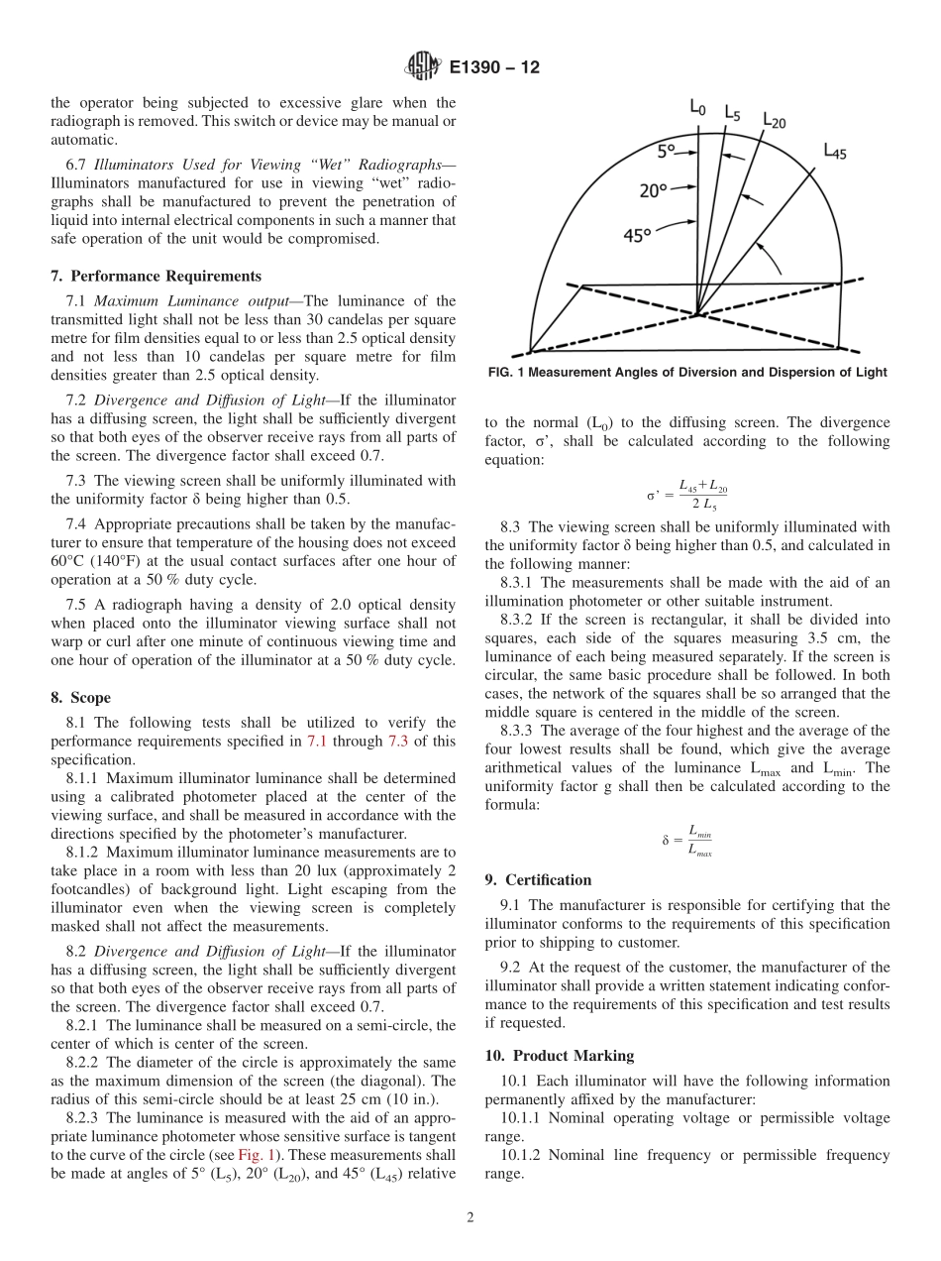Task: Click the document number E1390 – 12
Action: click(x=494, y=68)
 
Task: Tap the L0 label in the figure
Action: click(x=697, y=106)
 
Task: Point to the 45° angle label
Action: click(x=636, y=235)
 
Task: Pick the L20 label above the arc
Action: click(x=774, y=120)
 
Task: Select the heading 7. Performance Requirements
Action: click(x=156, y=277)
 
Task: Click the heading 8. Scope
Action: click(x=80, y=698)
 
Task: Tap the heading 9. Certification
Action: click(x=538, y=880)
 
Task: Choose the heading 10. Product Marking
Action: click(x=559, y=1056)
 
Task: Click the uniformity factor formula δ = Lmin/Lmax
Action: click(x=687, y=842)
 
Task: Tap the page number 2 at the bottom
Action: click(x=470, y=1218)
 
